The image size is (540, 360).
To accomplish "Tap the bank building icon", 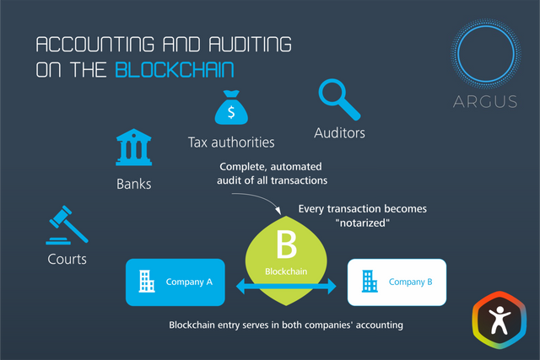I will pyautogui.click(x=133, y=148).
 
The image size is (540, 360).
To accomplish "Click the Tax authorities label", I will pyautogui.click(x=230, y=142).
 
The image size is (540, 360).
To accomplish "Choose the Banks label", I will pyautogui.click(x=133, y=182).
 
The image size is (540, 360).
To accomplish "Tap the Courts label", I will pyautogui.click(x=67, y=259).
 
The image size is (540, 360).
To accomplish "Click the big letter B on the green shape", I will pyautogui.click(x=284, y=247).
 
